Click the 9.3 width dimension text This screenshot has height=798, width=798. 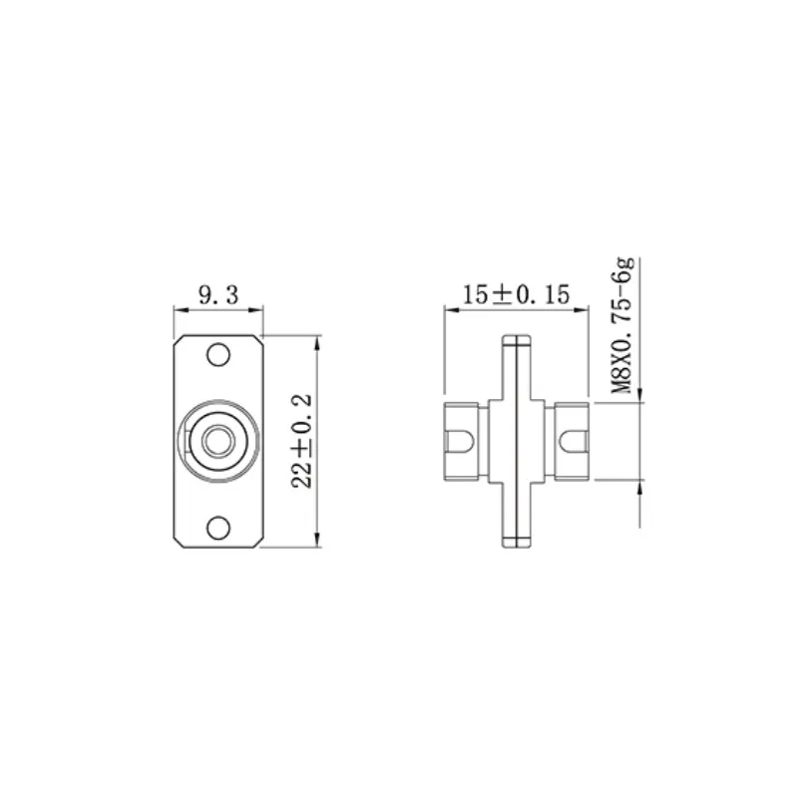point(218,295)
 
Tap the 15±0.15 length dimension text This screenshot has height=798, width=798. point(516,295)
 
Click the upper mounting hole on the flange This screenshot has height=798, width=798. point(217,355)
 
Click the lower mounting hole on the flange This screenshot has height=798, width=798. point(217,527)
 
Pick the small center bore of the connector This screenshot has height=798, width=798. point(212,440)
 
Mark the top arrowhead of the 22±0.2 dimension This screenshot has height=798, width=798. point(317,341)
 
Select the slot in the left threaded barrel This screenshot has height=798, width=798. point(460,440)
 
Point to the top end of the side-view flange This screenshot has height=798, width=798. point(516,340)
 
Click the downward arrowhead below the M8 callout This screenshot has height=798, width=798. point(638,394)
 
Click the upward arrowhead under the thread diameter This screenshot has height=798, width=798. point(638,487)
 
